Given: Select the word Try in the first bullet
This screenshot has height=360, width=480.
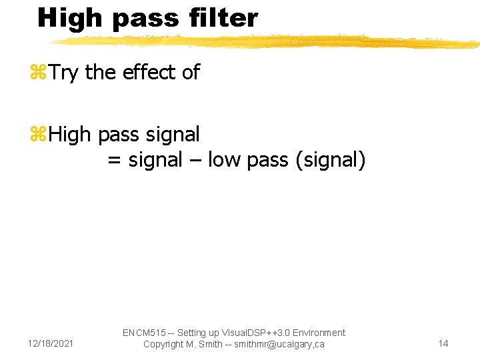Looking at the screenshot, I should coord(63,73).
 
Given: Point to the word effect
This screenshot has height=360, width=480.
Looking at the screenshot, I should coord(147,73).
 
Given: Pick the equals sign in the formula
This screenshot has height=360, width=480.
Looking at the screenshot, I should coord(114,161).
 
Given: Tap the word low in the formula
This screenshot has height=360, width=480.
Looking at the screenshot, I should coord(224,160).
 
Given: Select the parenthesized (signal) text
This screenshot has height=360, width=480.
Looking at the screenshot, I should coord(329,160).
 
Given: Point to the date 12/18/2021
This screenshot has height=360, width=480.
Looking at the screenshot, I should coord(51,343).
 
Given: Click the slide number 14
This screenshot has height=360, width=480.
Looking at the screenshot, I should coord(443,343).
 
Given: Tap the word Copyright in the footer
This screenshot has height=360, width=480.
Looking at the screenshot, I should coord(165,344).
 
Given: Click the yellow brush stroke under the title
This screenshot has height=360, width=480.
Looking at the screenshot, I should coord(267,41).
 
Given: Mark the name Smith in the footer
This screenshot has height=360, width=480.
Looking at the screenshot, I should coord(209,344).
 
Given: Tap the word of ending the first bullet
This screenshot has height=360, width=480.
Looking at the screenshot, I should coord(191,73).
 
